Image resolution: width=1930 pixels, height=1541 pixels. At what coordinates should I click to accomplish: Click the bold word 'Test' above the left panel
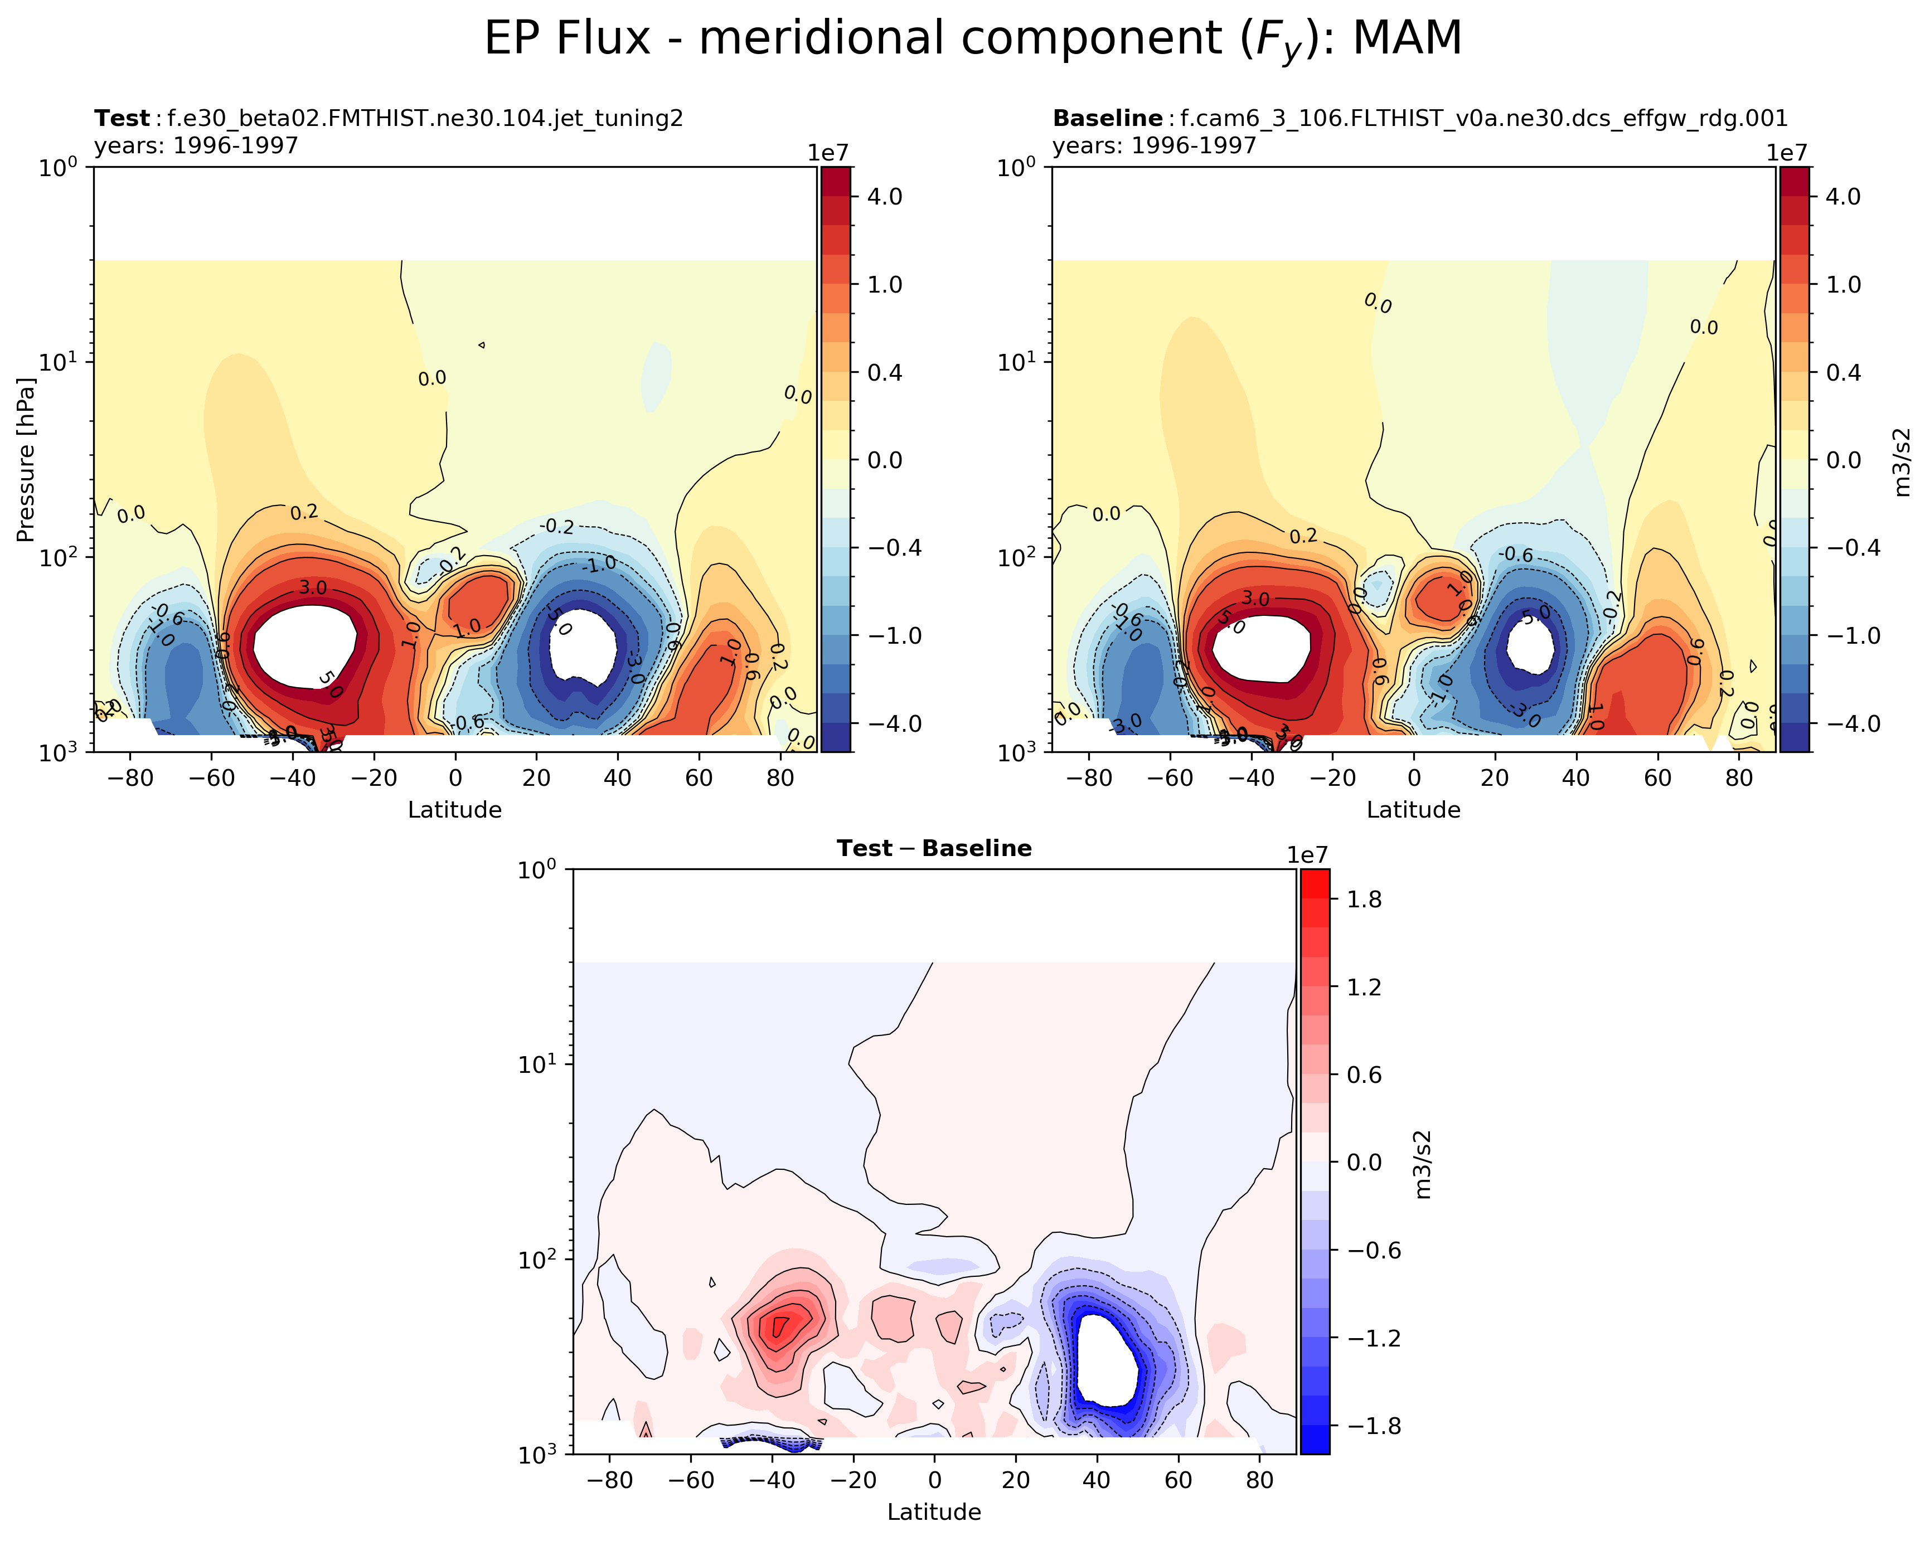(122, 119)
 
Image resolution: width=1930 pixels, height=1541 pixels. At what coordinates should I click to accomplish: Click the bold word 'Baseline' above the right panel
(1107, 119)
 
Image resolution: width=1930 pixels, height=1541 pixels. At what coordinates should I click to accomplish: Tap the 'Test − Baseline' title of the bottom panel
(934, 848)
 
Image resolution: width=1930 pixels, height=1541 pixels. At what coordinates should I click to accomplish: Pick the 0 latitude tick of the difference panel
(934, 1480)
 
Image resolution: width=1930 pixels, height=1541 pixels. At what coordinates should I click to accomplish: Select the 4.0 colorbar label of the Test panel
(884, 197)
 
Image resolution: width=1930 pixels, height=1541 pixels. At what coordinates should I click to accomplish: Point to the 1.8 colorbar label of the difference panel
(1364, 900)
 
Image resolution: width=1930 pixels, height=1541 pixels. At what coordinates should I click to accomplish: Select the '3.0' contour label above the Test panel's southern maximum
(312, 588)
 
